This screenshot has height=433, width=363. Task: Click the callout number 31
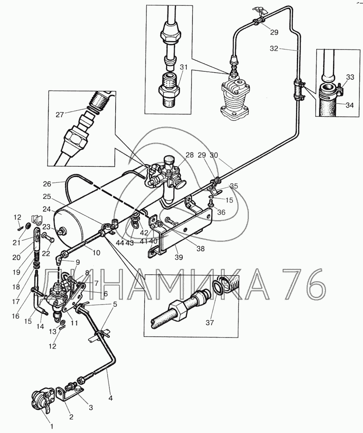coord(184,67)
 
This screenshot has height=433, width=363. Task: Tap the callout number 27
coord(60,115)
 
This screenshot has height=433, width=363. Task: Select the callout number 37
coord(210,322)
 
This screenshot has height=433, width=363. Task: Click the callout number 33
coord(350,77)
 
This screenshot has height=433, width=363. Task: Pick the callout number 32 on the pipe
coord(274,49)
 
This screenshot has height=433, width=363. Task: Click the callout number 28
coord(190,155)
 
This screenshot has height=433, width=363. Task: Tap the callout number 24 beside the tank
coord(47,209)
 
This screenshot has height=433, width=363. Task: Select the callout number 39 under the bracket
coord(179,257)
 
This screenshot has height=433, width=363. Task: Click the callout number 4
coord(111,398)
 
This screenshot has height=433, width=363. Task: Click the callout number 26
coord(47,183)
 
